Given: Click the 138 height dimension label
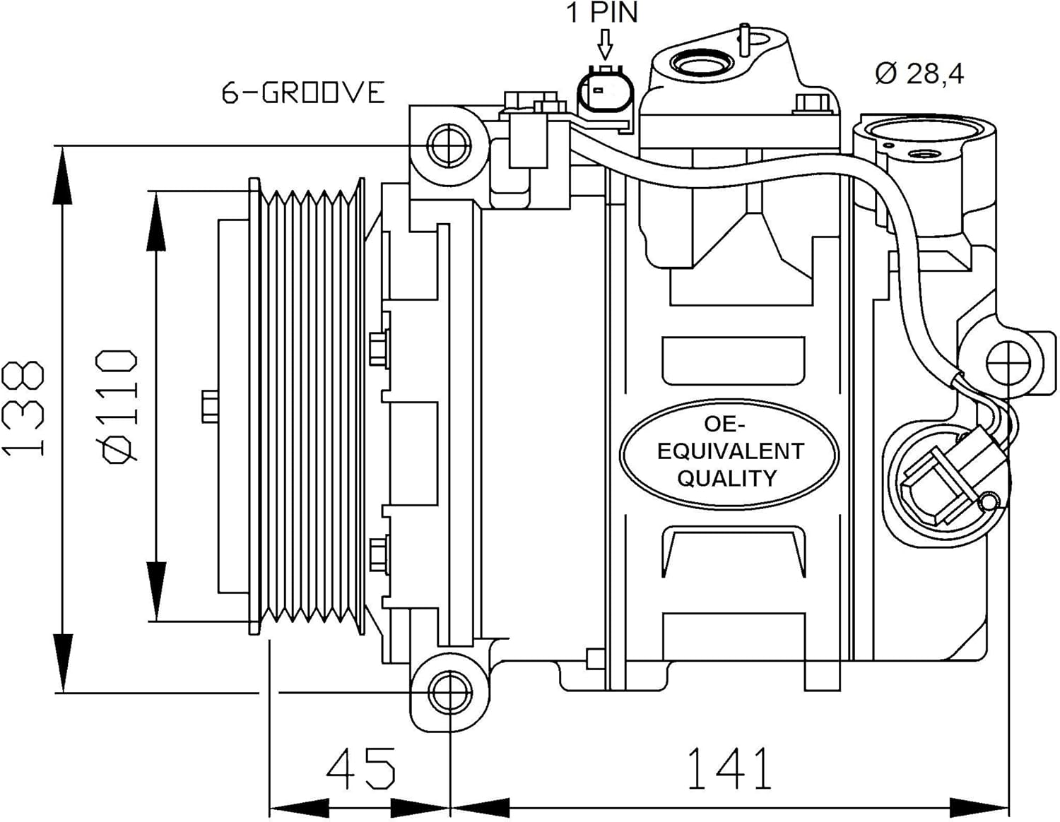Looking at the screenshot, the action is click(x=23, y=408).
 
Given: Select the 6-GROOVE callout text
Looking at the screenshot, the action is click(x=303, y=93).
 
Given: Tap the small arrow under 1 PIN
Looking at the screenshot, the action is click(x=606, y=44).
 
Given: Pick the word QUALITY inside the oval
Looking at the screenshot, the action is click(x=727, y=478).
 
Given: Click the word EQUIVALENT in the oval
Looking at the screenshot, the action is click(x=730, y=451).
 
